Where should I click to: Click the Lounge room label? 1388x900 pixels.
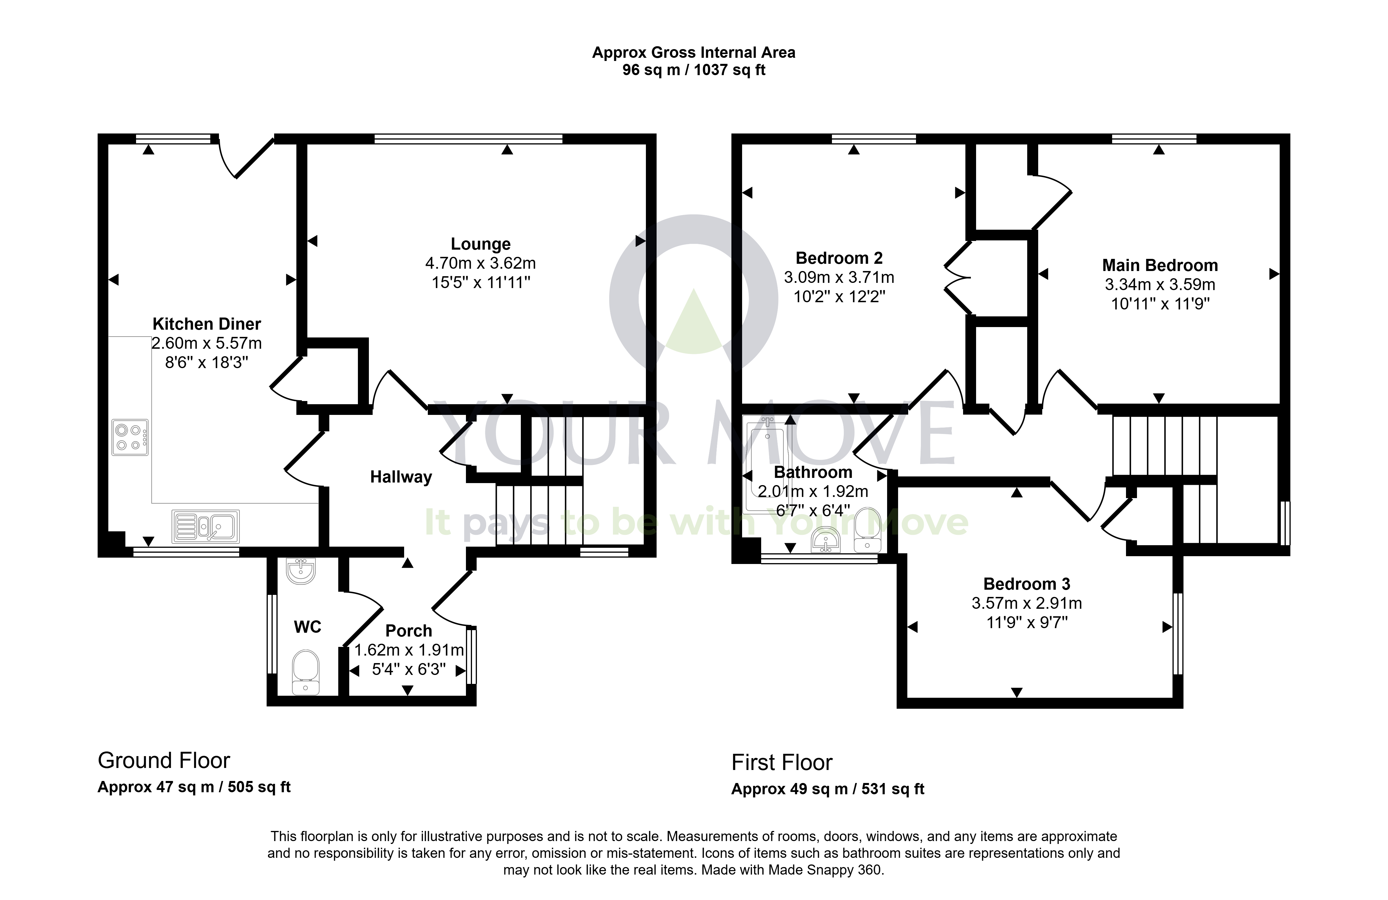pos(481,244)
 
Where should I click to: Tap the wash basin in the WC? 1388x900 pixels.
pos(301,570)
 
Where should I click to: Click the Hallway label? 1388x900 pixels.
pos(401,477)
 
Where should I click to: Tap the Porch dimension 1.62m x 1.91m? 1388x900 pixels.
pos(409,650)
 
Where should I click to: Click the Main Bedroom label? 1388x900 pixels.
pos(1160,266)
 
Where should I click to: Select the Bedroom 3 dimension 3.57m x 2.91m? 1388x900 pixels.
pos(1027,603)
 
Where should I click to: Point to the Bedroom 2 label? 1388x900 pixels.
pos(839,258)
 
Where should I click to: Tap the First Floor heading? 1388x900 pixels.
pos(782,762)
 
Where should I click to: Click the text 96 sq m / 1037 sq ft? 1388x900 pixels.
pos(694,70)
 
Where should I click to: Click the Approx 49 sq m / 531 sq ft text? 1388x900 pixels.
pos(828,789)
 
